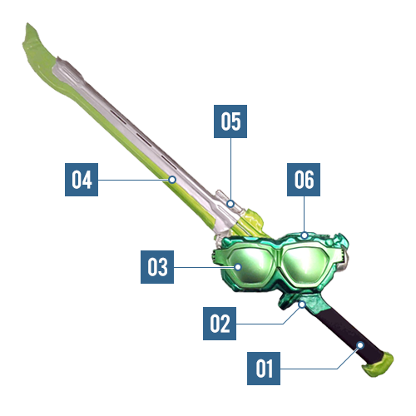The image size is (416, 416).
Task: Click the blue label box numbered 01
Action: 264,369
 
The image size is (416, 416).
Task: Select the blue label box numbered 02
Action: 220,324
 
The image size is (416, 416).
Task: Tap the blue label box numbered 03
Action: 157,267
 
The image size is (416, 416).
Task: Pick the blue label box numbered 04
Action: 82,180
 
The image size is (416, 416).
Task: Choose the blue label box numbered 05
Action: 230,121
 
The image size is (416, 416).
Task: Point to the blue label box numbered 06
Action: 304,180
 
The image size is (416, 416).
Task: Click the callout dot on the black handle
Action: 360,345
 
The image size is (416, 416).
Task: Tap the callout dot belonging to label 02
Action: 302,305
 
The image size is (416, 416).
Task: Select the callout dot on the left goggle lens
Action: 238,267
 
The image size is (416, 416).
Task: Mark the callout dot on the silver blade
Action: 172,180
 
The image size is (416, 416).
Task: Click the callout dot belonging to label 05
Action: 230,204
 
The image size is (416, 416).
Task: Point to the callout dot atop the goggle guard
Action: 305,235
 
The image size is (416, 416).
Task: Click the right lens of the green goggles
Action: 306,265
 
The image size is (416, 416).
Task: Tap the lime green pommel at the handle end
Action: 378,364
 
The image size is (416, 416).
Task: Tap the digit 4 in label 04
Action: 87,180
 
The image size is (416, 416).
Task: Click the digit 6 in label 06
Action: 310,180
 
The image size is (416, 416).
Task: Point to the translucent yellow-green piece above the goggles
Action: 253,220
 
